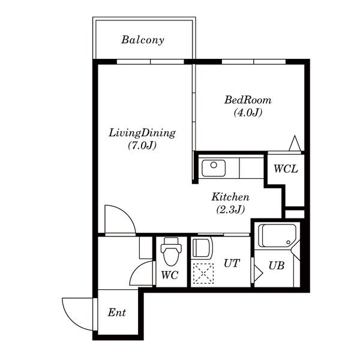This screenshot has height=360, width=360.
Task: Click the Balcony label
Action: [143, 40]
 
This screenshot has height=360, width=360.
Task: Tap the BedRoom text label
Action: [248, 100]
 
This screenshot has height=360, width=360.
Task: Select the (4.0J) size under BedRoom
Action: [248, 113]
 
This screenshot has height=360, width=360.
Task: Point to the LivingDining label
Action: [142, 133]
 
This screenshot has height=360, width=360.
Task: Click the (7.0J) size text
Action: [142, 145]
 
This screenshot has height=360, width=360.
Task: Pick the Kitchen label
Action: [230, 197]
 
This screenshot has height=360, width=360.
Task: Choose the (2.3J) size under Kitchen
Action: [230, 209]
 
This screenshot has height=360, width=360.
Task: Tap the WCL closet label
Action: [286, 169]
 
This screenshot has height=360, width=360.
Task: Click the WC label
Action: [170, 275]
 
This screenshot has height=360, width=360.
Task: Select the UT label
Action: [232, 263]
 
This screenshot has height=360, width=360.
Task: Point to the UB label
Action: [277, 266]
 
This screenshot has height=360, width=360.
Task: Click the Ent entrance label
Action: [117, 313]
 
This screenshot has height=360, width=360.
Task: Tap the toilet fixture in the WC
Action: [171, 251]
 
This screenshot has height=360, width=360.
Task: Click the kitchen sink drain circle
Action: [214, 165]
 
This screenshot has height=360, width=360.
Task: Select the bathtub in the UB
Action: [277, 236]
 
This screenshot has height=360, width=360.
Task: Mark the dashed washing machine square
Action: [203, 274]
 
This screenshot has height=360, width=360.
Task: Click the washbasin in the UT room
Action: [202, 248]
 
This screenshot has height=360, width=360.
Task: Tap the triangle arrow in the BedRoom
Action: [295, 143]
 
